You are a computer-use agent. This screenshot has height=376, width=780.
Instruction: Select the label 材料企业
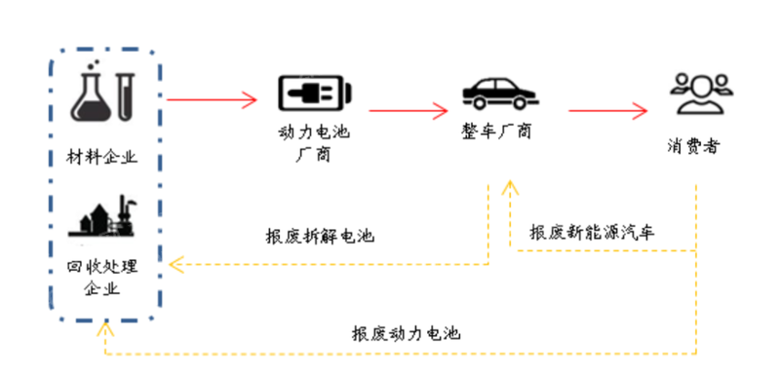pos(104,157)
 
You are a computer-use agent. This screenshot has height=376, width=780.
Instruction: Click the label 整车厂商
pos(498,131)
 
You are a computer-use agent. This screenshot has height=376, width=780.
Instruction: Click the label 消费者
pos(695,148)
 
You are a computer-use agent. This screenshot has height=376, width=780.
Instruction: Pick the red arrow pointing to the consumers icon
pos(610,110)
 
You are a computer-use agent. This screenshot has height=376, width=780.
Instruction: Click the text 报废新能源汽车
pos(593,233)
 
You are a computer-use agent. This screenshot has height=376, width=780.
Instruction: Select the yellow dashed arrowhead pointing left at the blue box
pos(175,263)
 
